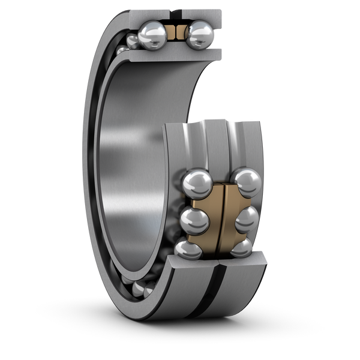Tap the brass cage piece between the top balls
pos(175,34)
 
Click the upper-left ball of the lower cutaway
pos(196,182)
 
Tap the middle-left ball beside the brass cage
pos(193,220)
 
